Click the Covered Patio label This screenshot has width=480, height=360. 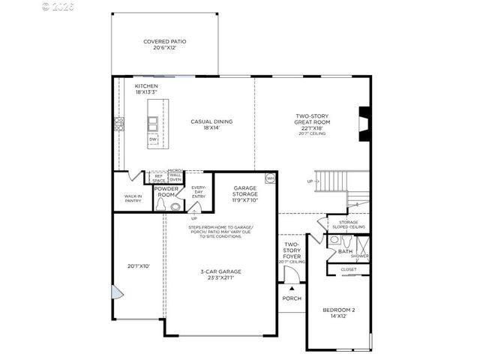click(165, 44)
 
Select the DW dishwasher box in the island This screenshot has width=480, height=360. click(153, 139)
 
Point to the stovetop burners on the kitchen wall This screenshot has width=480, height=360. click(118, 124)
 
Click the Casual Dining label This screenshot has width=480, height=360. click(212, 124)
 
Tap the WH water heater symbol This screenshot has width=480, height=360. click(270, 178)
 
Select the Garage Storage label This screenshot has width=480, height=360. click(245, 194)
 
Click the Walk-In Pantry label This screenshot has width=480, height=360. click(133, 198)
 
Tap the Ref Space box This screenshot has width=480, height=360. click(158, 178)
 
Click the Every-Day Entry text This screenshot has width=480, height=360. click(199, 192)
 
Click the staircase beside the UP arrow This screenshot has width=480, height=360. click(330, 181)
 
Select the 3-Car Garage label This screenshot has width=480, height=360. click(220, 274)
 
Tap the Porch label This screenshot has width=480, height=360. click(291, 298)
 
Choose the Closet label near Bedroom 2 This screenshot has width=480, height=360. click(348, 268)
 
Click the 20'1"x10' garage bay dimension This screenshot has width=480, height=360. click(139, 265)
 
